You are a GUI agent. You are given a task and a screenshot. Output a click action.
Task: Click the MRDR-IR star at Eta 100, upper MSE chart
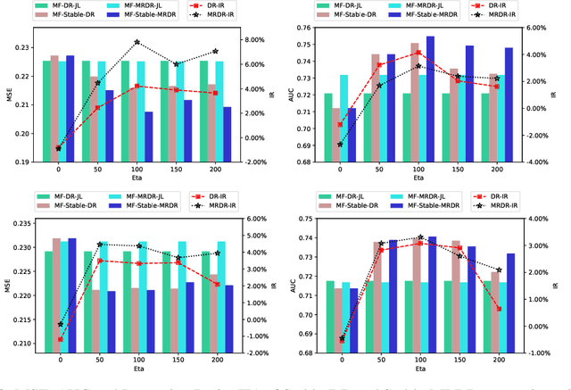pyautogui.click(x=137, y=42)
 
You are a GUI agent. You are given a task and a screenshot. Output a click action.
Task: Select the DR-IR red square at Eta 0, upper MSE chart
pyautogui.click(x=59, y=148)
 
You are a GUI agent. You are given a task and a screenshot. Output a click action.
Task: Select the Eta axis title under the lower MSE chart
pyautogui.click(x=137, y=367)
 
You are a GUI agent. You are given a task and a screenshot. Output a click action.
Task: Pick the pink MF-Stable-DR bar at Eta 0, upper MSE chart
pyautogui.click(x=54, y=109)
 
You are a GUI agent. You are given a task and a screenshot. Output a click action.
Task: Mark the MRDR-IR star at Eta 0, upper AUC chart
pyautogui.click(x=340, y=144)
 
